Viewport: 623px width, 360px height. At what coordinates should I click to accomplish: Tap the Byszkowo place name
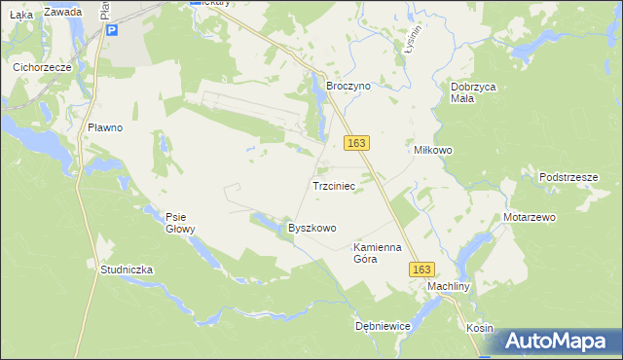click(311, 229)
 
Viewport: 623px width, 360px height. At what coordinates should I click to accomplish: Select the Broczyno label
click(349, 86)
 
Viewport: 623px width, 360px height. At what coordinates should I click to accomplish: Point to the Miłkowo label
click(434, 151)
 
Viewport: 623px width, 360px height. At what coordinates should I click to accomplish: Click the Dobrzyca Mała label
click(474, 92)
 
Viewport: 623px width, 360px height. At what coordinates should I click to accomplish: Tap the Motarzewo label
click(529, 218)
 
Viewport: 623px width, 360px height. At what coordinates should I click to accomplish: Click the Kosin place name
click(480, 330)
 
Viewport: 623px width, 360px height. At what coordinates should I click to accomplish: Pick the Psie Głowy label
click(181, 223)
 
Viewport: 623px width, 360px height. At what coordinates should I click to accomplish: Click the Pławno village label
click(104, 127)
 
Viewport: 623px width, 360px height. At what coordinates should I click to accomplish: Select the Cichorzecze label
click(41, 68)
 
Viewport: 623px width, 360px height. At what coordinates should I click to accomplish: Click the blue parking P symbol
click(111, 30)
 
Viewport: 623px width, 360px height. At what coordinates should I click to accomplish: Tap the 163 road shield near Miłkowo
click(356, 143)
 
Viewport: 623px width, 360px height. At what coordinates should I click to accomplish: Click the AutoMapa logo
click(559, 342)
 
